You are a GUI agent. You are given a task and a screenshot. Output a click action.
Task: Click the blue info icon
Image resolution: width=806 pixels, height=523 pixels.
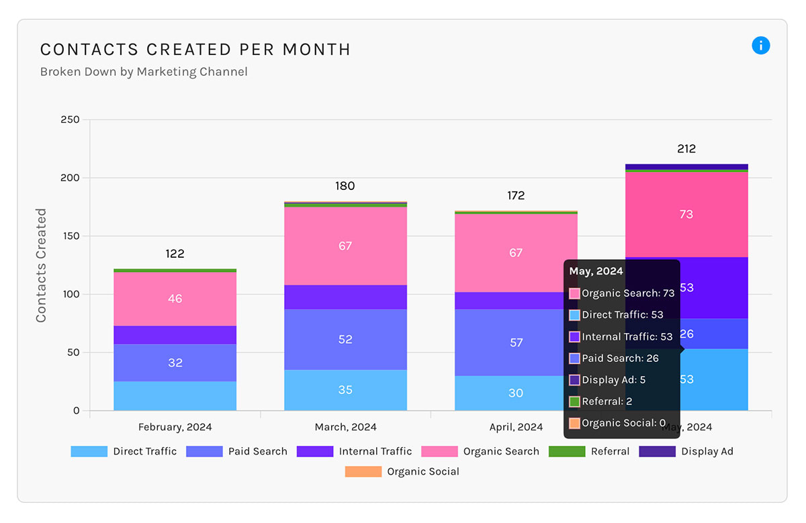[760, 46]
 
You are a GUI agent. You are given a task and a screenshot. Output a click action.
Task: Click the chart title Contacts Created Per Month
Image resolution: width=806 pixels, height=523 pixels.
[195, 50]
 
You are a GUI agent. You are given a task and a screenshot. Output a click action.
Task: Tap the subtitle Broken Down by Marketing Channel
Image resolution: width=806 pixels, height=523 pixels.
[144, 72]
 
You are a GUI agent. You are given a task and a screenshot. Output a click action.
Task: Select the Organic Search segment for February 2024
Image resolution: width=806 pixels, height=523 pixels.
[175, 299]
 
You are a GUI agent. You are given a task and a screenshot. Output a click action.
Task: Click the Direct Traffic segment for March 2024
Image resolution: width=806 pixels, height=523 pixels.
[345, 390]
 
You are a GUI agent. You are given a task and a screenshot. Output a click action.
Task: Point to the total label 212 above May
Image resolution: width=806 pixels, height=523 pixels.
[686, 149]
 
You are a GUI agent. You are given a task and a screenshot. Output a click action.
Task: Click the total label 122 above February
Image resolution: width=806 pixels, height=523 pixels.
[175, 254]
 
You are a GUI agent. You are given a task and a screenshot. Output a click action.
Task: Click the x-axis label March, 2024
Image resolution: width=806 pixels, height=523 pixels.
[345, 427]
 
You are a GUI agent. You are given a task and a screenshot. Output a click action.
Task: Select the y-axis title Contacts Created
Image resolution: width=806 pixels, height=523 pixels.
[42, 265]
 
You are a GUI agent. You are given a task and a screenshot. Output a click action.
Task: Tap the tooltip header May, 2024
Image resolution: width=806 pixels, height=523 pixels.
[596, 271]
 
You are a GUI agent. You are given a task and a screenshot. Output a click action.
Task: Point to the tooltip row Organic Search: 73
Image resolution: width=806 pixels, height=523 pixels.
[621, 293]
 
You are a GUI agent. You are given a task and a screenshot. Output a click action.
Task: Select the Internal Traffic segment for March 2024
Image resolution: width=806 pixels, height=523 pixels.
[345, 297]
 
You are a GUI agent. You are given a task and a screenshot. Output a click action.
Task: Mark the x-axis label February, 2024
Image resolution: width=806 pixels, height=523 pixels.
[175, 427]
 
